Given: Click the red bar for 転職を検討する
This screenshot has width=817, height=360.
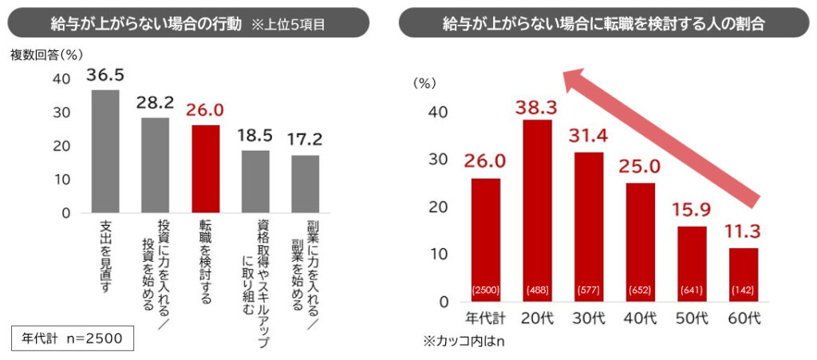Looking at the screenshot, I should point(206,168).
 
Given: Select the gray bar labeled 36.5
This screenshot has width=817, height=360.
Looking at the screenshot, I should point(105,151).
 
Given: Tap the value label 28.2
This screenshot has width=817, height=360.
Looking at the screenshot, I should point(155,103).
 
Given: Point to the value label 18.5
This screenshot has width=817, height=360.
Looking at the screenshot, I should point(255,135).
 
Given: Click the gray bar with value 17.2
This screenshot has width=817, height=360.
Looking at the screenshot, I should point(305,184).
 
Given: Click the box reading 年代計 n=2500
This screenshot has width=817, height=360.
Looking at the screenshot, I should point(73,338).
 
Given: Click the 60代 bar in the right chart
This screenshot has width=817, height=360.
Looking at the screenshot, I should point(743,275).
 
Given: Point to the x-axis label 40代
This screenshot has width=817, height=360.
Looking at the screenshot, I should point(641,318).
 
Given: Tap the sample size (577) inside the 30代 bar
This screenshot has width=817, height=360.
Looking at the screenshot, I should point(589,289).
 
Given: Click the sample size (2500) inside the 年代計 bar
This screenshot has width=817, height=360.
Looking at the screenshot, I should point(486,289).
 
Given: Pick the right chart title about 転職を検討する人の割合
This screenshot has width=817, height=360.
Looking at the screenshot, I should point(603,23).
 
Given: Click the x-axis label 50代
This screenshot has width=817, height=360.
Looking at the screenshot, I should point(692,318).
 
